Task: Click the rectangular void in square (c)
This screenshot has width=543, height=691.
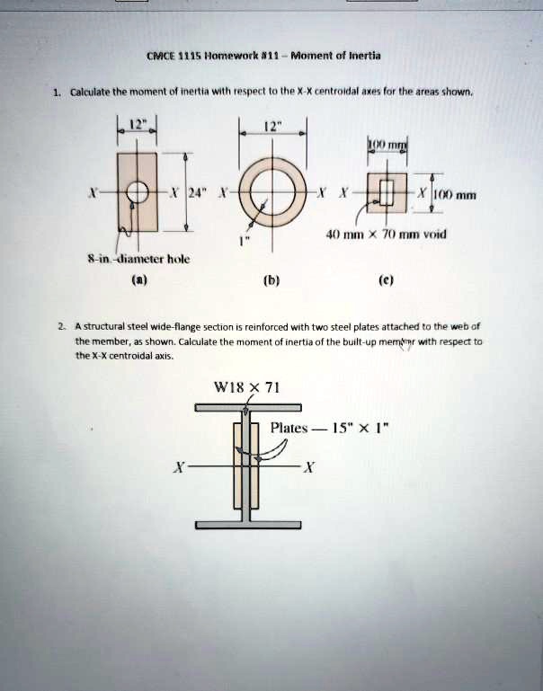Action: point(387,192)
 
